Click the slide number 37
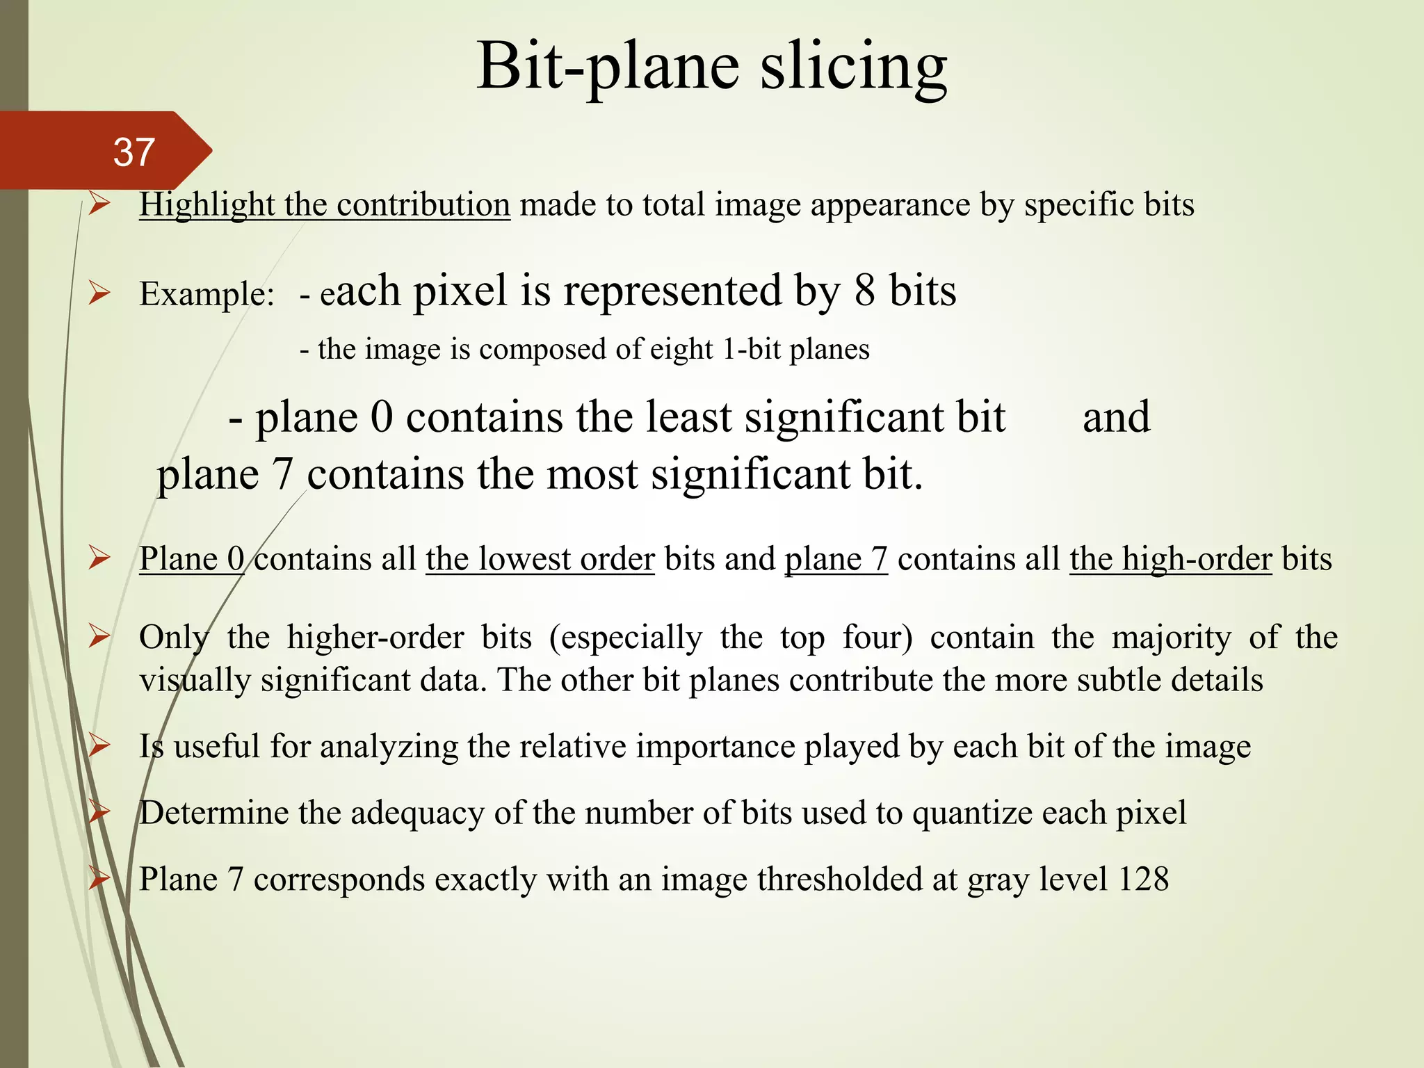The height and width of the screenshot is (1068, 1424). pyautogui.click(x=133, y=152)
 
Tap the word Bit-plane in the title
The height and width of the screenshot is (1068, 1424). pyautogui.click(x=608, y=67)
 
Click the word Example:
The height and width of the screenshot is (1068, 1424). pyautogui.click(x=207, y=294)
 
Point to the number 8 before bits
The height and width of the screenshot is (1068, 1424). pyautogui.click(x=864, y=291)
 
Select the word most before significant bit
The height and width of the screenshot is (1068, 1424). pyautogui.click(x=592, y=475)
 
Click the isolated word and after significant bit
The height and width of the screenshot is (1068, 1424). pyautogui.click(x=1116, y=417)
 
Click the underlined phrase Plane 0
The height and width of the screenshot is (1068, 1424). pyautogui.click(x=191, y=559)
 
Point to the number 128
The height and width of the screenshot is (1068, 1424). pyautogui.click(x=1143, y=880)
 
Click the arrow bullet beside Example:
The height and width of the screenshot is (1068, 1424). pyautogui.click(x=99, y=294)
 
